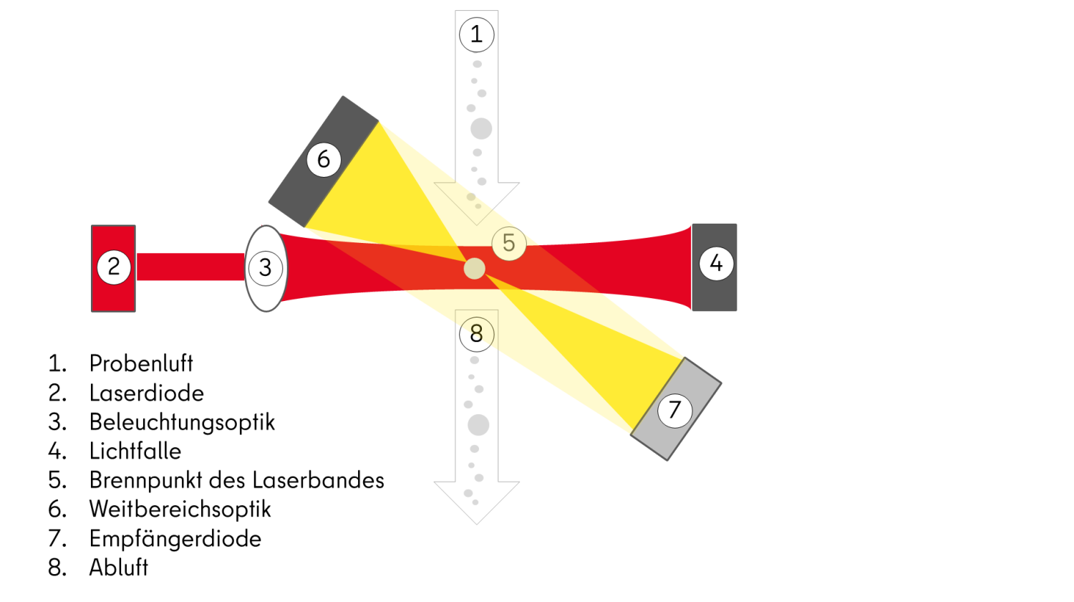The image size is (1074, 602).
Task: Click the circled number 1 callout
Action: coord(476,34)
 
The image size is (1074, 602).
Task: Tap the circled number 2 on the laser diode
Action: coord(114,267)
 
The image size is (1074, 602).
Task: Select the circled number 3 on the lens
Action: coord(266,268)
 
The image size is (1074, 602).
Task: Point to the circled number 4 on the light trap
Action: coord(716,264)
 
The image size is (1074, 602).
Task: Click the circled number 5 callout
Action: coord(509,243)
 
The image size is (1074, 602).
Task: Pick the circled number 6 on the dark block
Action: coord(324,159)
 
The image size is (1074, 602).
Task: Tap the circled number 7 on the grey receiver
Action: coord(674,410)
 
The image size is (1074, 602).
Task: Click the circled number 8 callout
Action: coord(476,334)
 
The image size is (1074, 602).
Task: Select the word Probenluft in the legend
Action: coord(141,363)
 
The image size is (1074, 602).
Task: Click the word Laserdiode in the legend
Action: coord(147,393)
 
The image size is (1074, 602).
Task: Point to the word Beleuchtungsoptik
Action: coord(182,422)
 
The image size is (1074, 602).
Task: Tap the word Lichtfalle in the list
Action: coord(135,451)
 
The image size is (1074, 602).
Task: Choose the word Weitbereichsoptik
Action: coord(180,510)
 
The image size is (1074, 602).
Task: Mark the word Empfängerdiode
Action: coord(175,538)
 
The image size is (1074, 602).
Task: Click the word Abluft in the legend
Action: coord(119,568)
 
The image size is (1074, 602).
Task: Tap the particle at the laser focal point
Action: coord(475,269)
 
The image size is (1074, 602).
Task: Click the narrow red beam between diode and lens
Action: coord(190,267)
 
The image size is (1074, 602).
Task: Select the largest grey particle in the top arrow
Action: coord(481,129)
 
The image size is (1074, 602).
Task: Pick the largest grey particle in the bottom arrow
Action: coord(478,425)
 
